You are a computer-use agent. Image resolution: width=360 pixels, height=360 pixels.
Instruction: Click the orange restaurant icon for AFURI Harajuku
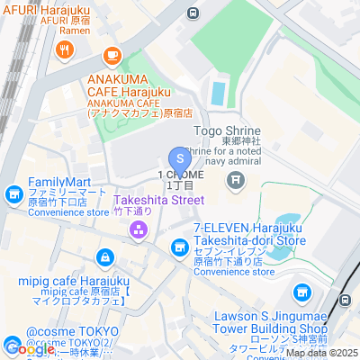(x=67, y=50)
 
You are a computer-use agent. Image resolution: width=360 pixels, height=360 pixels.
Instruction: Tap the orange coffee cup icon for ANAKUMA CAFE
(x=112, y=56)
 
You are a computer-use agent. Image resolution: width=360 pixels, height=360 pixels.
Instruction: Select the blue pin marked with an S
(x=179, y=146)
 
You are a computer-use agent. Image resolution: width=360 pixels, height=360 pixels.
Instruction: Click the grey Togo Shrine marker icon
(x=236, y=181)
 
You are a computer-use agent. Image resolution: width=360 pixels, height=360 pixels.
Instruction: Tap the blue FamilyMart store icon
(x=13, y=193)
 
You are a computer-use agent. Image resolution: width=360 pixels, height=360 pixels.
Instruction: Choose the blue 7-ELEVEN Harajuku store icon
(x=179, y=245)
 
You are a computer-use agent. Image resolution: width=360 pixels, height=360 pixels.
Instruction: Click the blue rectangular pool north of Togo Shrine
(x=219, y=92)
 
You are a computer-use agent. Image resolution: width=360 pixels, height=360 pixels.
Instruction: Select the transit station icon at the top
(x=192, y=13)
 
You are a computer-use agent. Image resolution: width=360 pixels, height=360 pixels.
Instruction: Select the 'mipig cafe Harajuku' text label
(x=74, y=280)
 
